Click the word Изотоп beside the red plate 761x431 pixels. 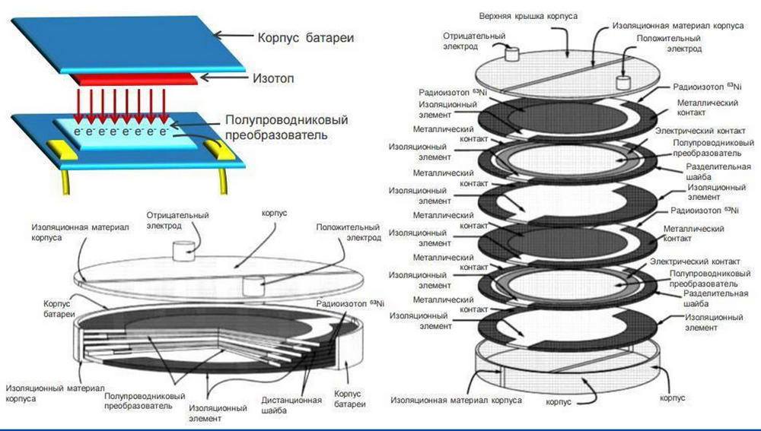[x=272, y=78]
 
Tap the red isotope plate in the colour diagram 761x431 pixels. [x=134, y=80]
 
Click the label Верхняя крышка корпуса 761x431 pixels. [x=529, y=16]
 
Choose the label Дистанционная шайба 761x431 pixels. [x=291, y=405]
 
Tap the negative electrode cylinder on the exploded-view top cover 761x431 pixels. [x=512, y=53]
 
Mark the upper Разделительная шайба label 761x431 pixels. [x=718, y=172]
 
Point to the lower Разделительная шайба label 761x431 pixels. [x=716, y=299]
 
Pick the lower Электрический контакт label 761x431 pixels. [x=695, y=261]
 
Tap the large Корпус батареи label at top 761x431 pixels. [x=306, y=37]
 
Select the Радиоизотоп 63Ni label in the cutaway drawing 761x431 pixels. [x=350, y=304]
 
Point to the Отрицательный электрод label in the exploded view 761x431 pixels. [x=473, y=41]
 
